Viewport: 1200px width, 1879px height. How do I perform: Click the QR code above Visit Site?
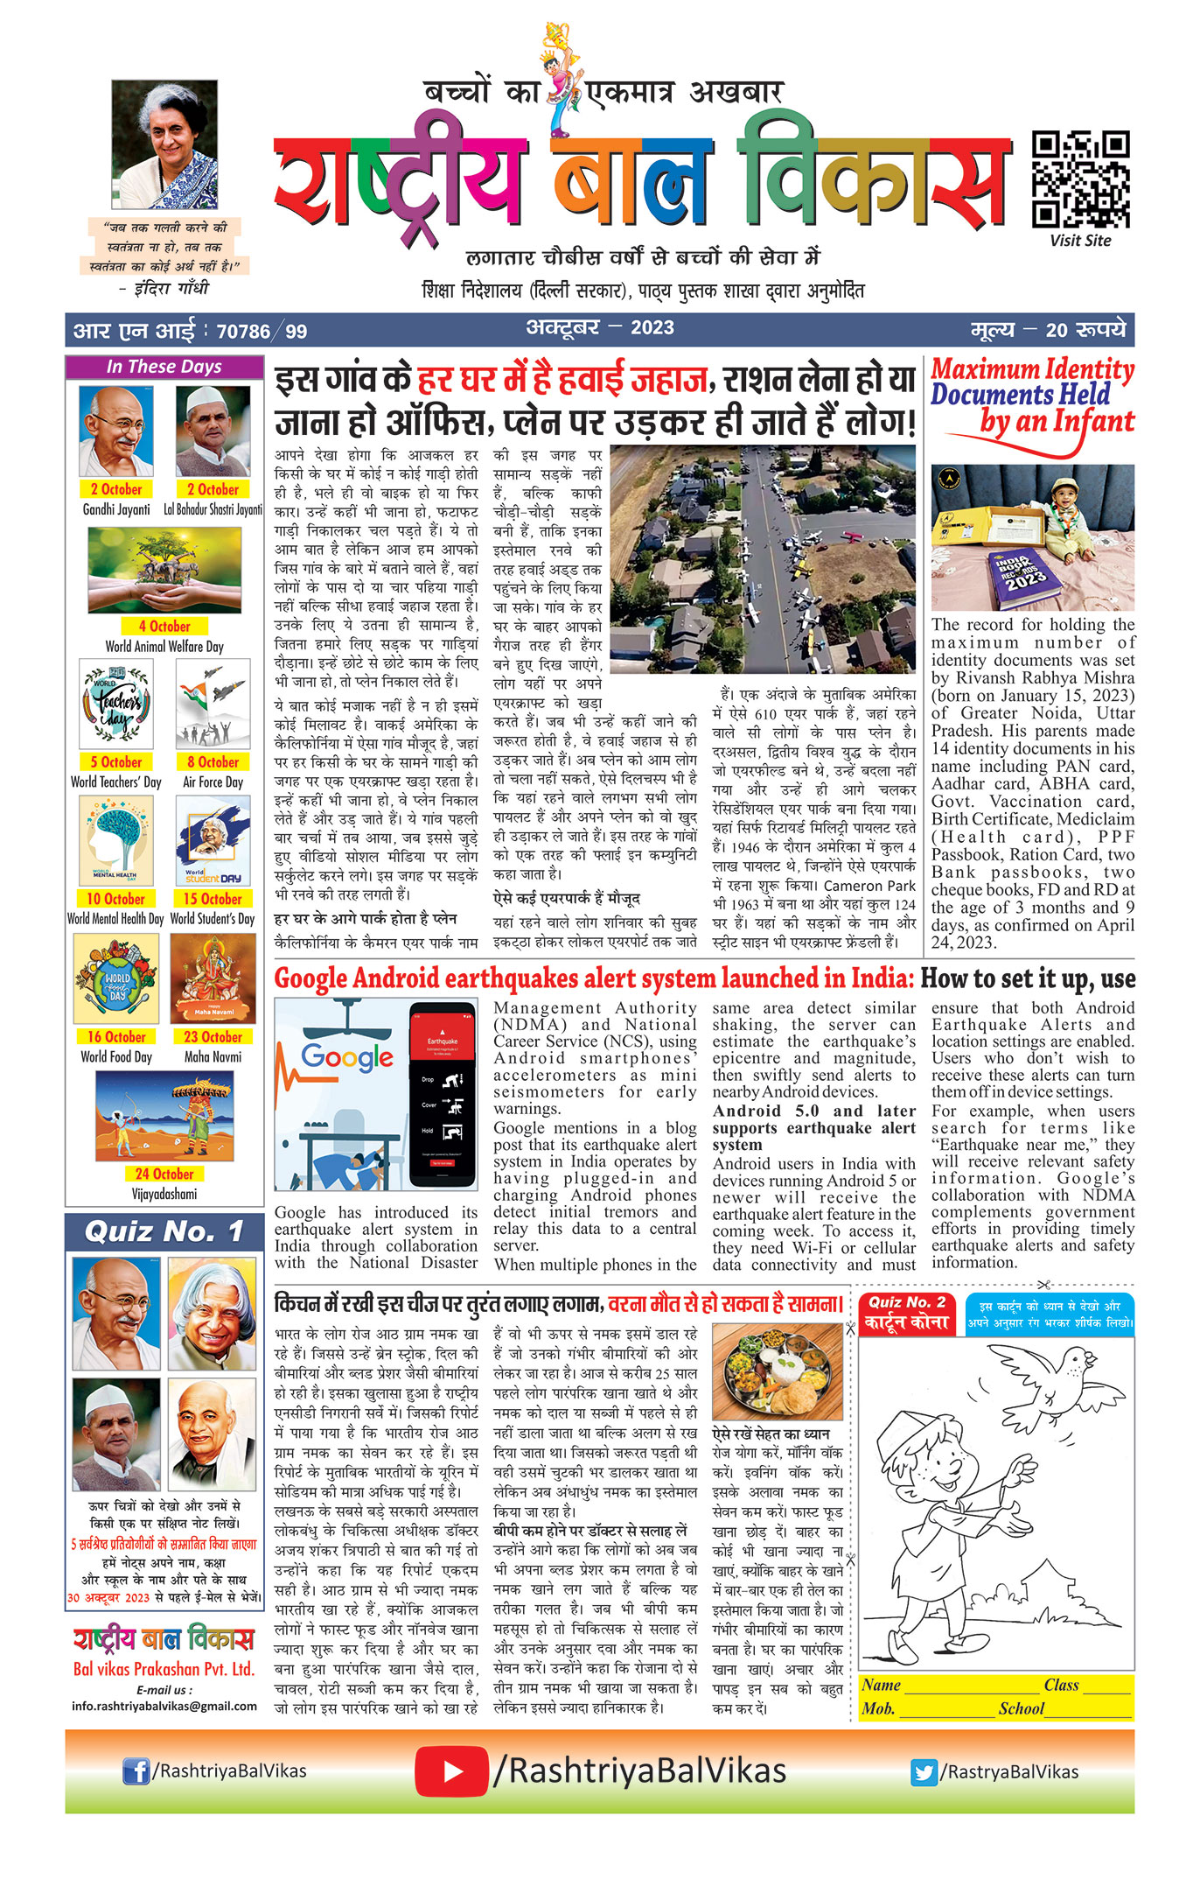click(x=1080, y=179)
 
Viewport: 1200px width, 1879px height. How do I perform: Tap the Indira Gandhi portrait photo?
click(x=164, y=144)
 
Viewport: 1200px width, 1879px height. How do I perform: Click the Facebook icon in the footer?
click(x=136, y=1770)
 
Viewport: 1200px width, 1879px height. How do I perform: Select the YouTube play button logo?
click(x=451, y=1770)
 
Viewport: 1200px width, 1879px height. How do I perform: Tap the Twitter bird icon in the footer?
click(x=924, y=1771)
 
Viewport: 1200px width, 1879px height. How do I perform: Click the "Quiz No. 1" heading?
click(x=164, y=1231)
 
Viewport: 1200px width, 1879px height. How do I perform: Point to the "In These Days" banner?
click(x=164, y=367)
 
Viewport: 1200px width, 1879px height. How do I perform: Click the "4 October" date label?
click(x=164, y=626)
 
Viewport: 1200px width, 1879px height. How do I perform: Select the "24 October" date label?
click(x=164, y=1174)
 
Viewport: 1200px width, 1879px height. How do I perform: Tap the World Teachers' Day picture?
click(x=116, y=704)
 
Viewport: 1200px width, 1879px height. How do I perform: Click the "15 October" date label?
click(x=213, y=899)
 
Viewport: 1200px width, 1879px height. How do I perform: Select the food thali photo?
click(x=778, y=1371)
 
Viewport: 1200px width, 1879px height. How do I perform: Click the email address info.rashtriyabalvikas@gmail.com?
click(x=164, y=1706)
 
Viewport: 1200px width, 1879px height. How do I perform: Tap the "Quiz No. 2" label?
click(x=907, y=1301)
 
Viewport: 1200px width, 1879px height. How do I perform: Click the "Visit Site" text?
click(x=1080, y=241)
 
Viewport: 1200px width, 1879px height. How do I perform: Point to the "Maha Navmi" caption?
click(x=213, y=1056)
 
